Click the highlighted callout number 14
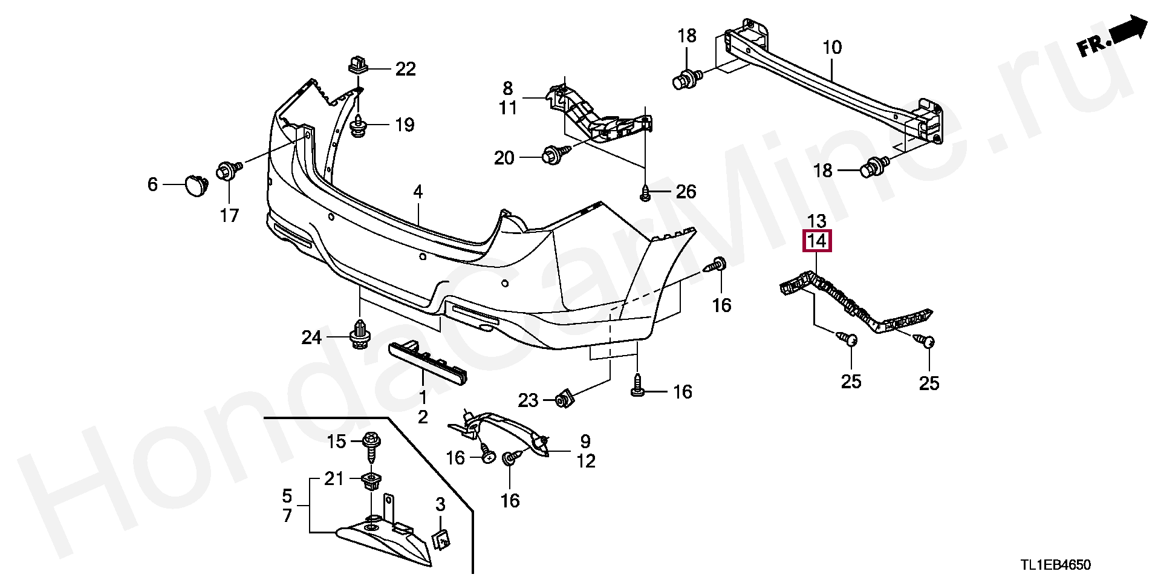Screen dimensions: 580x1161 [816, 241]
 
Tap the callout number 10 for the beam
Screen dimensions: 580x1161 [832, 47]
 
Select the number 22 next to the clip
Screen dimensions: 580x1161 [406, 70]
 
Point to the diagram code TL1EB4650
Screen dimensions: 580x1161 [1055, 565]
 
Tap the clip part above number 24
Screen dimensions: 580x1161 [360, 335]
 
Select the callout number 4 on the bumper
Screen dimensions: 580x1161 [418, 193]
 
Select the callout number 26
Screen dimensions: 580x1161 [686, 192]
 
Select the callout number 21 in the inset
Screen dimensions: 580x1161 [333, 479]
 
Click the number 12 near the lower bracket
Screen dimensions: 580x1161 [585, 461]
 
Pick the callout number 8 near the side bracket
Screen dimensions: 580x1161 [507, 89]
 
